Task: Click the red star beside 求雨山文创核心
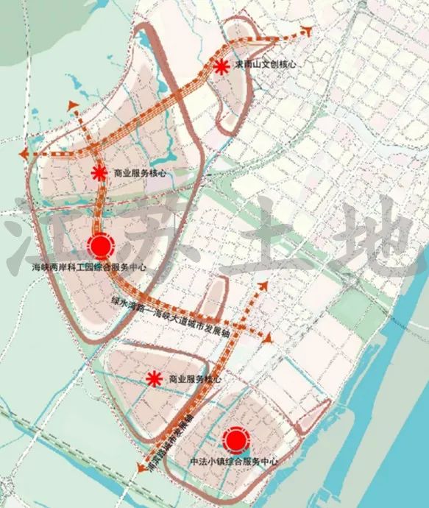click(x=221, y=67)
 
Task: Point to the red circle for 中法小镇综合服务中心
click(x=235, y=440)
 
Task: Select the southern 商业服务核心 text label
click(x=195, y=378)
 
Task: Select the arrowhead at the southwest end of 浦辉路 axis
click(x=141, y=467)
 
